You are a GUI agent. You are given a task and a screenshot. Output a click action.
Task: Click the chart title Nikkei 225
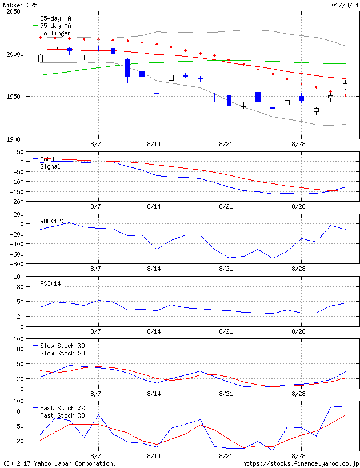(18, 5)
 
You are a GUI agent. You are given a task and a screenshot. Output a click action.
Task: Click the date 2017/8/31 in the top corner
(343, 5)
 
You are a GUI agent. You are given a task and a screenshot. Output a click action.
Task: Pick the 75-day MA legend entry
(55, 26)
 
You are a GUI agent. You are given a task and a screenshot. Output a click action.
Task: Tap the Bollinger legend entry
(55, 33)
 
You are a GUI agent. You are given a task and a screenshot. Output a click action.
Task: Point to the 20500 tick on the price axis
(14, 11)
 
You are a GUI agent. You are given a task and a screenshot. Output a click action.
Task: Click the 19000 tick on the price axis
(14, 139)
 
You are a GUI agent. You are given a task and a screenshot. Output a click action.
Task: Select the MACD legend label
(47, 158)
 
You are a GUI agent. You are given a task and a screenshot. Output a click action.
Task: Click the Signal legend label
(49, 166)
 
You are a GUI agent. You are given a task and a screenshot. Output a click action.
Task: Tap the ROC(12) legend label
(51, 221)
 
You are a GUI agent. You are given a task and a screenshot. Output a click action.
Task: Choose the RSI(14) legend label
(51, 283)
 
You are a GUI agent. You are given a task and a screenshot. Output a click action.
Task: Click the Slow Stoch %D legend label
(62, 346)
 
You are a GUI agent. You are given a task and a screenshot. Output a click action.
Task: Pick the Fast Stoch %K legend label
(62, 408)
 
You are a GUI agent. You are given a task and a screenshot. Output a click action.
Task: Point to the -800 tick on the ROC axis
(16, 264)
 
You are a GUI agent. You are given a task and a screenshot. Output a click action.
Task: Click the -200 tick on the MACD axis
(16, 202)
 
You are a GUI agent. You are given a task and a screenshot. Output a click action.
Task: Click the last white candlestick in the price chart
(345, 86)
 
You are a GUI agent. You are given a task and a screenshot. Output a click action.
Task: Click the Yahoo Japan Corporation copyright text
(59, 463)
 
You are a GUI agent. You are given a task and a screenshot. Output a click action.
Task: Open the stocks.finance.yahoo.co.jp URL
(301, 463)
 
